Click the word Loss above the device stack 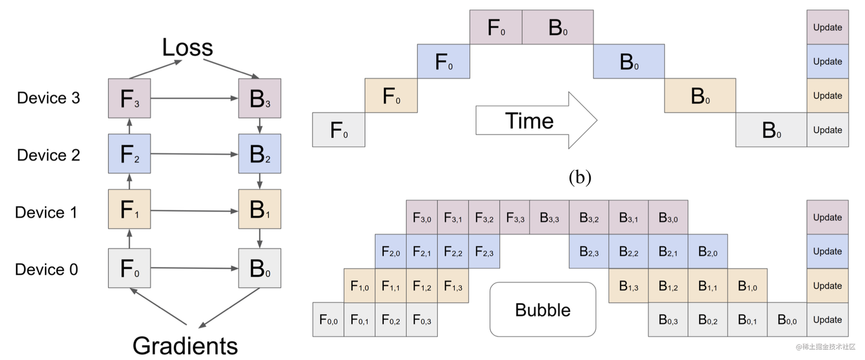tap(187, 47)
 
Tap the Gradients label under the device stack tap(185, 346)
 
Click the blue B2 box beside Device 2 tap(259, 155)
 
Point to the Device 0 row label tap(47, 269)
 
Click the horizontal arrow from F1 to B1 tap(195, 211)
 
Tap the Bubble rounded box tap(543, 310)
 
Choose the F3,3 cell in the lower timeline tap(515, 218)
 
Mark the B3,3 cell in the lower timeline tap(549, 218)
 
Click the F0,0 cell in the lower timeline tap(329, 320)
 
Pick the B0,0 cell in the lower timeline tap(786, 320)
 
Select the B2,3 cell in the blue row tap(589, 252)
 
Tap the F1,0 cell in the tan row tap(359, 286)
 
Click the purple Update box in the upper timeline tap(827, 27)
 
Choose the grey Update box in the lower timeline tap(827, 320)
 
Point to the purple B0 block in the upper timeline tap(557, 28)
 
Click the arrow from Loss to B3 tap(236, 67)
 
